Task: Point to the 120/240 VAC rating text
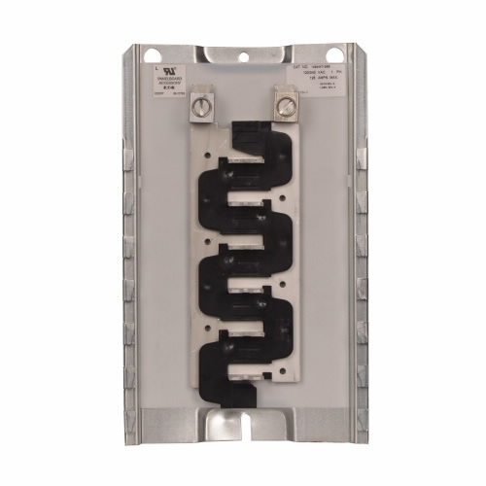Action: coord(304,75)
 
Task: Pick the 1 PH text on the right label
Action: coord(330,75)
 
